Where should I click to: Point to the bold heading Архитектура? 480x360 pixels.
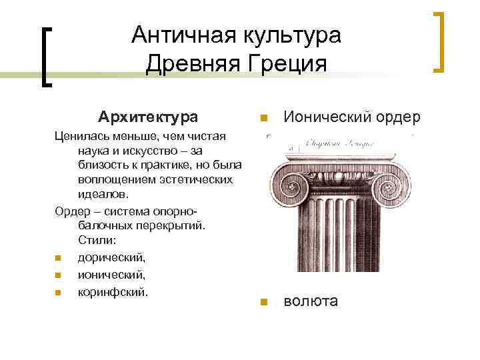click(147, 117)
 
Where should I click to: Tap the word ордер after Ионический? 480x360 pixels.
click(398, 117)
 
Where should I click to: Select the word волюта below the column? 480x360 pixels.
click(311, 301)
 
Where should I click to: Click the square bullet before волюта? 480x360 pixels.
click(264, 302)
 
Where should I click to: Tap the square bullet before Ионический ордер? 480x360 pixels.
click(264, 119)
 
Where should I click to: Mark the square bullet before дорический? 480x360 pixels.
click(58, 257)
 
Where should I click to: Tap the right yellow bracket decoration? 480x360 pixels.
click(440, 41)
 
